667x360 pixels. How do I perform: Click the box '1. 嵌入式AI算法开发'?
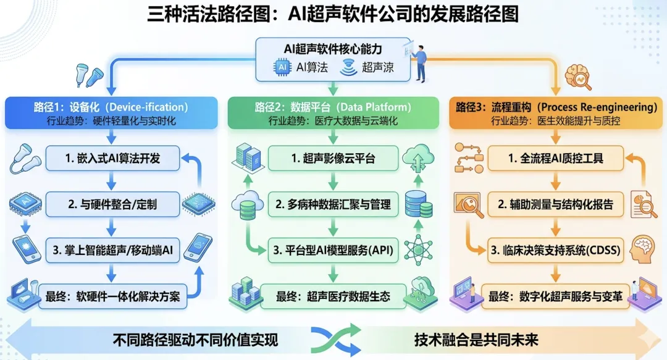[112, 158]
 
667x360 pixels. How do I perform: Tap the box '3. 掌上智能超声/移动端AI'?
[112, 250]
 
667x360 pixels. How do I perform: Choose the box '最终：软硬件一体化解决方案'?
[112, 296]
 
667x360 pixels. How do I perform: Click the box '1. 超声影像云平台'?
[333, 159]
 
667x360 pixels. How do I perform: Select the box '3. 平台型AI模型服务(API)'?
[333, 250]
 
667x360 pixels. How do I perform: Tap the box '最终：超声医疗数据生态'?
[333, 296]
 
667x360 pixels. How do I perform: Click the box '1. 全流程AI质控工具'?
[555, 159]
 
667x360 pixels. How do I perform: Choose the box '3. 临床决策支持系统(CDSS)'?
[555, 250]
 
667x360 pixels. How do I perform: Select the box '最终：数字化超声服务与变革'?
[555, 296]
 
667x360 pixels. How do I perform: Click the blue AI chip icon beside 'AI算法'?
[282, 67]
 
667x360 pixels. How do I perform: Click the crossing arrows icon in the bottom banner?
[333, 339]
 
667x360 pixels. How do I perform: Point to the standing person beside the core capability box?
[421, 62]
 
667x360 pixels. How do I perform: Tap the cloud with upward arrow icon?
[418, 159]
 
